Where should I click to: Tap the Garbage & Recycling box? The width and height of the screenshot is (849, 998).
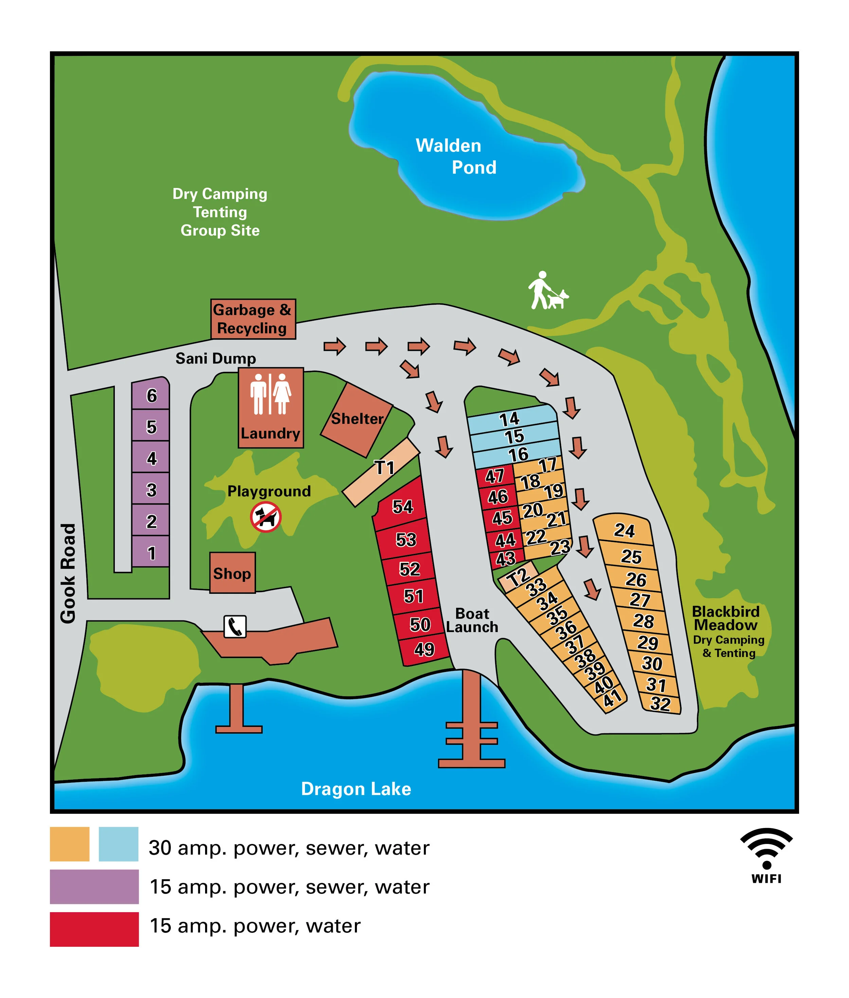tap(253, 319)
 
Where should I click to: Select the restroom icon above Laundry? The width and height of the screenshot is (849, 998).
tap(270, 394)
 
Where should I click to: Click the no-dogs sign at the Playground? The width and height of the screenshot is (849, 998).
tap(266, 517)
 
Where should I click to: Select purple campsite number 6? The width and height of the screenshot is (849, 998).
tap(151, 395)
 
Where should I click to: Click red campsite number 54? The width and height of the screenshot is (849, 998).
tap(402, 506)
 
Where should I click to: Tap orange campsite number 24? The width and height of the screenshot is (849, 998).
tap(624, 530)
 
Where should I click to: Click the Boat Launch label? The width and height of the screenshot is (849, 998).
tap(472, 620)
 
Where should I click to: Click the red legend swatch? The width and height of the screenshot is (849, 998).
tap(94, 929)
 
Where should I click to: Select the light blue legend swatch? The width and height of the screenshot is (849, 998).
tap(119, 844)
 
